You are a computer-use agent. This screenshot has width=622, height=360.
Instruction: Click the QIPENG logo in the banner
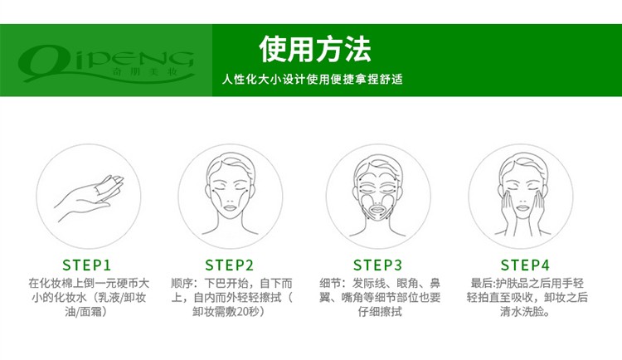(x=106, y=62)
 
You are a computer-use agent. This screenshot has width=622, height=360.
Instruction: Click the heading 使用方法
(x=315, y=49)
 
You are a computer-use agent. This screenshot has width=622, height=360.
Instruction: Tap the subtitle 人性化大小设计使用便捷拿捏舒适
(x=312, y=79)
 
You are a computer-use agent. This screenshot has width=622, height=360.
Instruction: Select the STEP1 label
(x=86, y=265)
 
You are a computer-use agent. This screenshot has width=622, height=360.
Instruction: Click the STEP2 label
(x=229, y=265)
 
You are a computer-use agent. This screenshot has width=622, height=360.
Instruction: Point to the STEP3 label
(x=377, y=265)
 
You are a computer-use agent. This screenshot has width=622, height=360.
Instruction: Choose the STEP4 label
(x=525, y=265)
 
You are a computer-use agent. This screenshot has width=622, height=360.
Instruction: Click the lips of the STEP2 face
(x=230, y=207)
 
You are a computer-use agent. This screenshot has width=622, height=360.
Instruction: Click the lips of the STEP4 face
(x=522, y=207)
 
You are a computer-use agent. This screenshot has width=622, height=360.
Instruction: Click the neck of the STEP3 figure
(x=378, y=226)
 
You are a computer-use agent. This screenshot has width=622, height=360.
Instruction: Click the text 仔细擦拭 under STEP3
(x=380, y=312)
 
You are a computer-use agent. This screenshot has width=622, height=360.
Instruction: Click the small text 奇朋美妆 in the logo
(x=145, y=72)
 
